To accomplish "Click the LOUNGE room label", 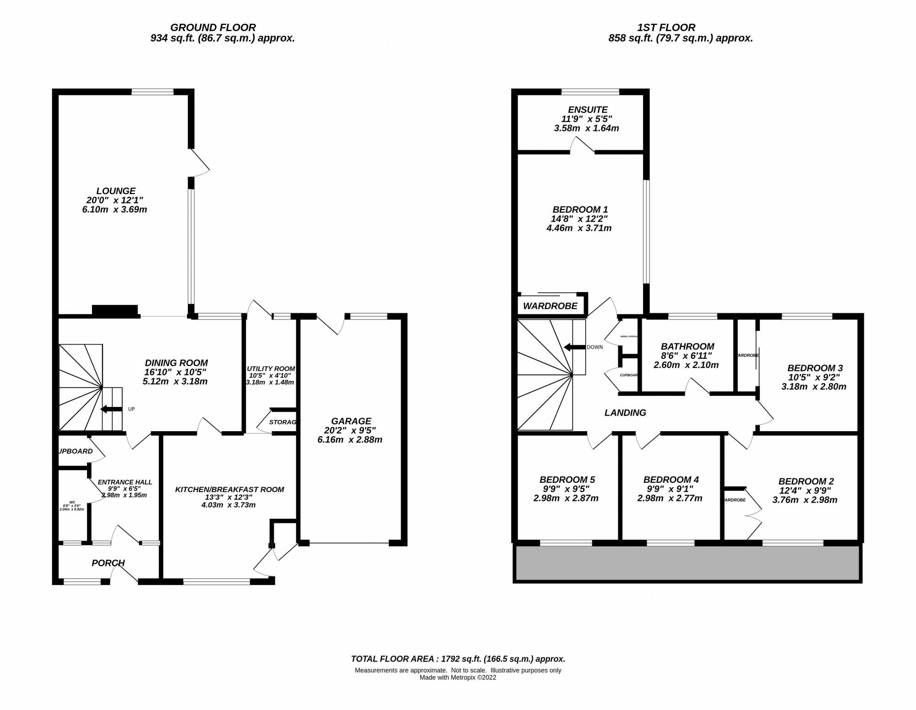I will (116, 191).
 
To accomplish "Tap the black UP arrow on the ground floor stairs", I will (111, 409).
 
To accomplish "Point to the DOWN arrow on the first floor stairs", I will (574, 347).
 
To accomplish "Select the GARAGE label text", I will (351, 421).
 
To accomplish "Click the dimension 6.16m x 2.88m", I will (349, 439).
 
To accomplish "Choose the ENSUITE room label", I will (588, 109).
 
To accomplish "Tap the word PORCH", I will (108, 563).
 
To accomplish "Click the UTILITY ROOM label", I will (271, 369).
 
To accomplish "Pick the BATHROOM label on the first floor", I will (687, 347).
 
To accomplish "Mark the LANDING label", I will (625, 412).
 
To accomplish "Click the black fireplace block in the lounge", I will (115, 310).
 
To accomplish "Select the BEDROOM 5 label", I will (567, 479).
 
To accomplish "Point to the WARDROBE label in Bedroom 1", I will (550, 306).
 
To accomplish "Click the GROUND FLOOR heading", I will (213, 27).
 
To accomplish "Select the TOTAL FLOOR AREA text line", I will (458, 659).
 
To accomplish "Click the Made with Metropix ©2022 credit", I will (458, 677).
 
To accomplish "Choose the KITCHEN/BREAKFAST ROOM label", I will (229, 489).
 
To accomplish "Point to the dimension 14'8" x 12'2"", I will (579, 219).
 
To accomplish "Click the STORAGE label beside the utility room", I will (283, 422).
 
